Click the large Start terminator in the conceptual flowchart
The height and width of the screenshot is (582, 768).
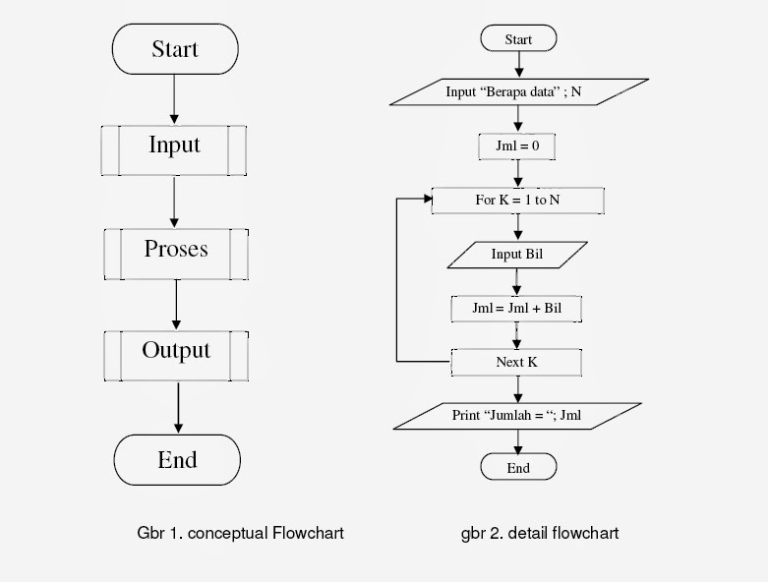[175, 49]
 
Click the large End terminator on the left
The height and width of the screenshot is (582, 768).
[177, 459]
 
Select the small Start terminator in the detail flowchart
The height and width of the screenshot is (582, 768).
[518, 39]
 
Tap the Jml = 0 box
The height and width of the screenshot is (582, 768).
[517, 147]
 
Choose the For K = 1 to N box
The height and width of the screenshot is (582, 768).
[518, 201]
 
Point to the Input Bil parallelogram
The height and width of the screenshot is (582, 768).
[517, 255]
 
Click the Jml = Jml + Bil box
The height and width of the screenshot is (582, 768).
[517, 308]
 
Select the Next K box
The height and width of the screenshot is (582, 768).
[516, 362]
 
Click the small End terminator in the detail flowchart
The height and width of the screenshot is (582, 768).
[518, 468]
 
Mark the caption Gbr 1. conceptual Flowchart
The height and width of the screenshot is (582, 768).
[240, 533]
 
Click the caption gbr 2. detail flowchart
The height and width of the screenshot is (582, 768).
[540, 533]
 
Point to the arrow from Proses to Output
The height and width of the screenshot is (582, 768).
[177, 304]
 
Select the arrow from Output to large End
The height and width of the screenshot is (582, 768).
[178, 407]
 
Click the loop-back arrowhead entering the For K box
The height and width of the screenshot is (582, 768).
[428, 200]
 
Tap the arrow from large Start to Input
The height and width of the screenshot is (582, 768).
[174, 97]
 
